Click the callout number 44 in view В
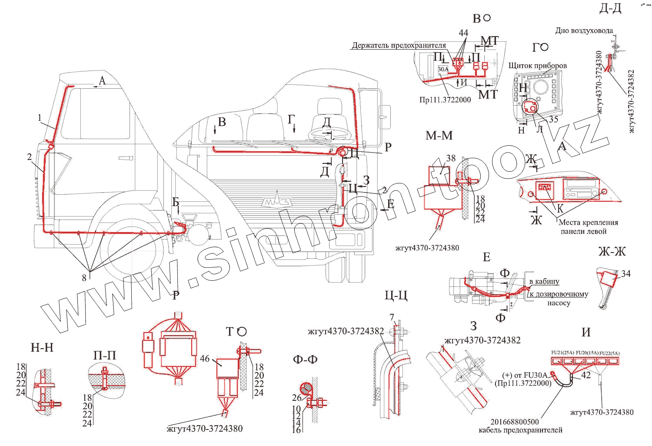click(463, 33)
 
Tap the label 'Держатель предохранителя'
click(399, 45)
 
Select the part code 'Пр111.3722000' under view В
click(445, 100)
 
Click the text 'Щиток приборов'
click(538, 66)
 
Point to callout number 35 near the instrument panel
click(553, 119)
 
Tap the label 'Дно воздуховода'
click(584, 30)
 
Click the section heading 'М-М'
click(439, 136)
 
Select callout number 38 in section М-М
click(451, 158)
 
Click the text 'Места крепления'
click(588, 222)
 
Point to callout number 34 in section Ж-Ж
click(625, 273)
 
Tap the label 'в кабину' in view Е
click(544, 281)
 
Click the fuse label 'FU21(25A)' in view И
click(562, 353)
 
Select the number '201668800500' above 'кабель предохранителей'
click(514, 422)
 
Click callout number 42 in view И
click(586, 375)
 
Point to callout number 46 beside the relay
click(205, 359)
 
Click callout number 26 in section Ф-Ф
click(296, 397)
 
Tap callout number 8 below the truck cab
click(84, 278)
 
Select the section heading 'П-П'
click(105, 356)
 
